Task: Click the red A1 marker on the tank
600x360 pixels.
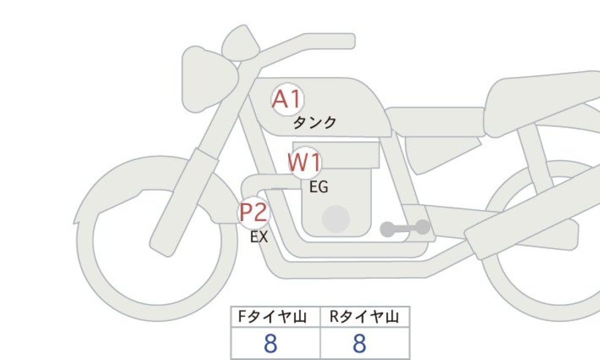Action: pyautogui.click(x=287, y=99)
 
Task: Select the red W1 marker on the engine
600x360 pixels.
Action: pyautogui.click(x=305, y=162)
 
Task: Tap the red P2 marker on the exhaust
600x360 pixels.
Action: pyautogui.click(x=253, y=212)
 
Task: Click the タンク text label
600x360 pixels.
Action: pyautogui.click(x=314, y=123)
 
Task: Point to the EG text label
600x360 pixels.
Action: pyautogui.click(x=319, y=187)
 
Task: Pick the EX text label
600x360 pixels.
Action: pyautogui.click(x=259, y=237)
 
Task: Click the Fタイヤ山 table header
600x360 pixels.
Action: pyautogui.click(x=272, y=317)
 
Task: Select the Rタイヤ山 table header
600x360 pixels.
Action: pyautogui.click(x=364, y=317)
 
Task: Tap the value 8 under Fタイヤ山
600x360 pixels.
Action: pyautogui.click(x=270, y=343)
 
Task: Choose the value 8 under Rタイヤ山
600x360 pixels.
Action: pyautogui.click(x=359, y=343)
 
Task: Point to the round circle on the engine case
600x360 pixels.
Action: pyautogui.click(x=336, y=219)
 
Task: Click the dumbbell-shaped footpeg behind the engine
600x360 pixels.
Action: pyautogui.click(x=404, y=228)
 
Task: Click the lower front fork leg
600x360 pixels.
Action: pyautogui.click(x=182, y=203)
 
